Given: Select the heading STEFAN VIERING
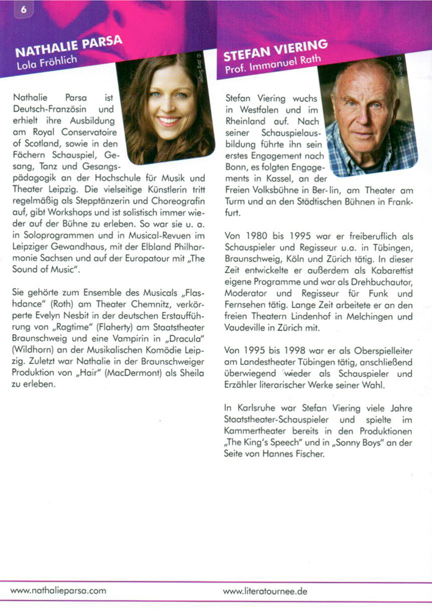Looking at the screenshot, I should pos(276,51).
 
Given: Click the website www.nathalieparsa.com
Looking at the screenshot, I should pos(59,590).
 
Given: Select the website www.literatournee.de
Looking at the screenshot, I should pos(265,590).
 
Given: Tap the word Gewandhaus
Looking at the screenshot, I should pos(56,247).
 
